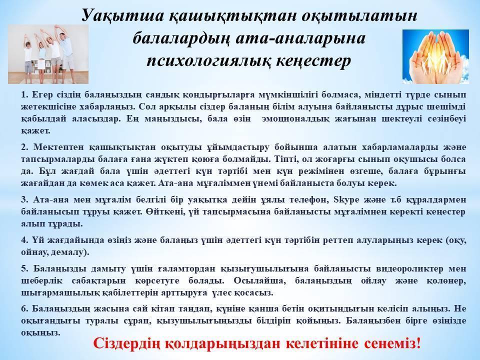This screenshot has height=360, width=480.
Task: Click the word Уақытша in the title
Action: point(123,15)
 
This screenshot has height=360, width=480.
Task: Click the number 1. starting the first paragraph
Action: point(24,94)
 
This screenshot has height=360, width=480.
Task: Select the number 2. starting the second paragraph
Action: point(24,147)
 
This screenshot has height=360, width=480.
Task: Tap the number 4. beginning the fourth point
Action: point(24,240)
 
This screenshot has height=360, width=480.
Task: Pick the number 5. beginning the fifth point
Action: point(24,269)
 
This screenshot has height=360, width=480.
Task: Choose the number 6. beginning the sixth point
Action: point(24,308)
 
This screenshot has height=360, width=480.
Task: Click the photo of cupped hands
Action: point(435,56)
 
